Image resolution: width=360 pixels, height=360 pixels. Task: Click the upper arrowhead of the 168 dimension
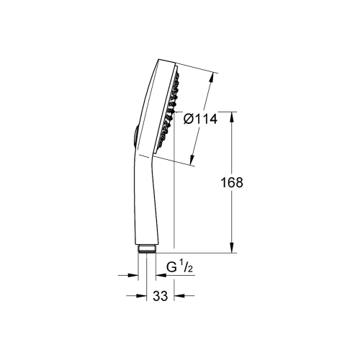tap(232, 115)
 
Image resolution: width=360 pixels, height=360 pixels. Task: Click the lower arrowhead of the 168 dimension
tap(232, 250)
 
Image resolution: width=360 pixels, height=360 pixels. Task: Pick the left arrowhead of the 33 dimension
tap(131, 295)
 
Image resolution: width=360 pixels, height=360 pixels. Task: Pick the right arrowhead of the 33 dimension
tap(178, 295)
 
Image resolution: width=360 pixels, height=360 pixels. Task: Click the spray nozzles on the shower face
tap(170, 108)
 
